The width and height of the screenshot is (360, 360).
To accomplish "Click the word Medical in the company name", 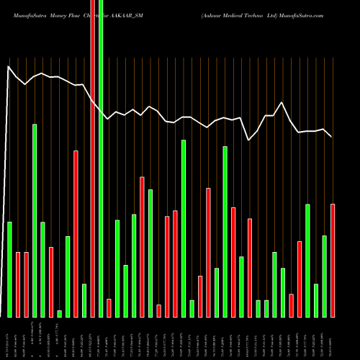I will pyautogui.click(x=240, y=14).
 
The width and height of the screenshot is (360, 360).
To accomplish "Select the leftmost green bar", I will pyautogui.click(x=10, y=269).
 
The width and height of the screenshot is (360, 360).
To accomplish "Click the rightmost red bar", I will pyautogui.click(x=333, y=260).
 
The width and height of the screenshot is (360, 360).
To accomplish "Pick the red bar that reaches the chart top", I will pyautogui.click(x=92, y=158).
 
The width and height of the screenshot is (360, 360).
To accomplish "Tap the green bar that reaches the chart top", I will pyautogui.click(x=101, y=158).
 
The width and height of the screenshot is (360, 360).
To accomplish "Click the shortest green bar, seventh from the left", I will pyautogui.click(x=60, y=313).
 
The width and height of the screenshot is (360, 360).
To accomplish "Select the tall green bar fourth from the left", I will pyautogui.click(x=35, y=220).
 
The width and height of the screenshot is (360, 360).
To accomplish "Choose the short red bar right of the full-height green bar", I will pyautogui.click(x=109, y=307).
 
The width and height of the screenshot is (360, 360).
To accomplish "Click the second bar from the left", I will pyautogui.click(x=18, y=284).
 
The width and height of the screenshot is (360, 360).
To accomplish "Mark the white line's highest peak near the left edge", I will pyautogui.click(x=9, y=67).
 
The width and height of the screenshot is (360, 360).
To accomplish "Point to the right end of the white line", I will pyautogui.click(x=331, y=136).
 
